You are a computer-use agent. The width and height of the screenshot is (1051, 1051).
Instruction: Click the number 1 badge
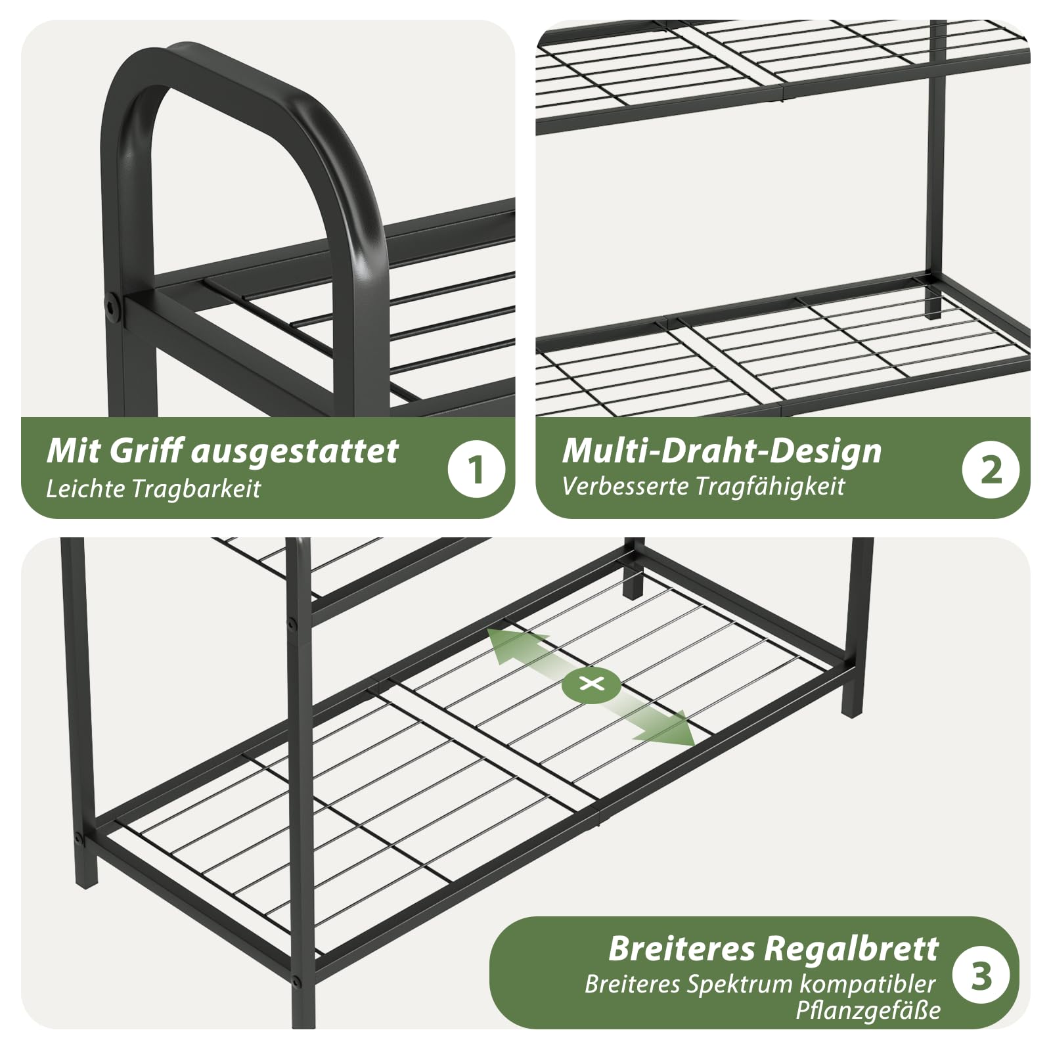476,469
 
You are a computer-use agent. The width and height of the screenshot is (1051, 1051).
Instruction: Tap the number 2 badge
991,469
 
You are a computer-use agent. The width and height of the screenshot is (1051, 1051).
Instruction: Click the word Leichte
84,489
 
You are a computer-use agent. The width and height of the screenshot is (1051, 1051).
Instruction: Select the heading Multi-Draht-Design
722,451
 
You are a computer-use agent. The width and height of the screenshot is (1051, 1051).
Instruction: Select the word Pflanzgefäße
868,1010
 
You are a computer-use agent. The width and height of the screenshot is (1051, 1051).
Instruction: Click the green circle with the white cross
591,684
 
